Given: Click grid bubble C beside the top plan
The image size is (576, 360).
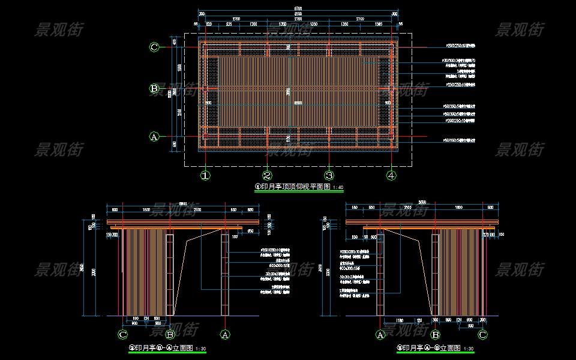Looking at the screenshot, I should (154, 47).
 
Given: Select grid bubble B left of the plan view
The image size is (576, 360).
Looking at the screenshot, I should (154, 89).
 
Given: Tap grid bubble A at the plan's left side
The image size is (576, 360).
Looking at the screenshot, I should (154, 137).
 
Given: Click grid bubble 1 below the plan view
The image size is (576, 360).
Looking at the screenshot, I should (205, 176).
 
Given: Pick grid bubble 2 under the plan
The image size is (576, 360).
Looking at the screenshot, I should (268, 176).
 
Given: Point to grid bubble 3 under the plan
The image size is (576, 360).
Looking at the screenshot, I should (329, 176).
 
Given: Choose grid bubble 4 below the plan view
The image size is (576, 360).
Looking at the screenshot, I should (391, 176).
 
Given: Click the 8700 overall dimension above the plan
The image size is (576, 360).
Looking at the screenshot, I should (298, 9).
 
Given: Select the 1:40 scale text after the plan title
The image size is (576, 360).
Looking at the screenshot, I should (338, 188).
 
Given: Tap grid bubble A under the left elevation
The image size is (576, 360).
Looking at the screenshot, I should (226, 334).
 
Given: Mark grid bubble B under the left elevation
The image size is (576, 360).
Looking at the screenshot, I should (170, 334).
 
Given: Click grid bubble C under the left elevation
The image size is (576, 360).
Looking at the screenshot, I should (123, 334).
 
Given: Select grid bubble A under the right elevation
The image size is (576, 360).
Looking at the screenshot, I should (380, 334).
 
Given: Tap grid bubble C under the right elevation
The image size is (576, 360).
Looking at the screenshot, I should (482, 334).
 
